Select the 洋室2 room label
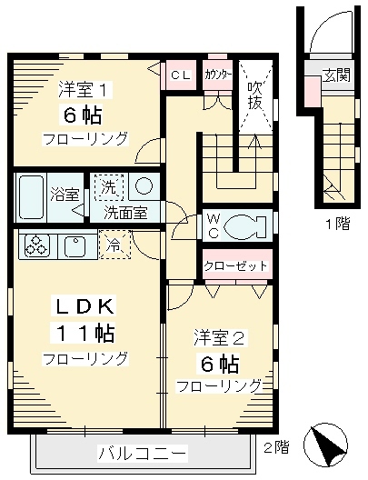(x=218, y=338)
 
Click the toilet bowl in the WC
(x=248, y=224)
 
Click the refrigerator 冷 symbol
(x=114, y=245)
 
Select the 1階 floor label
(x=336, y=223)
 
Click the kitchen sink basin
(x=75, y=245)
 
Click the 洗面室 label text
(x=131, y=215)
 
